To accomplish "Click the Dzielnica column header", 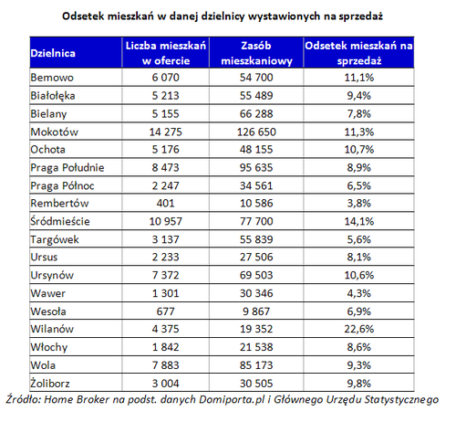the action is point(53,53).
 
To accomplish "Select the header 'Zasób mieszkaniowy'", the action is point(256,53).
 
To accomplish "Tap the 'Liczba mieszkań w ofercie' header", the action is point(166,53).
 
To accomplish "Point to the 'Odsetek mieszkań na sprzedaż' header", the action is point(358,53).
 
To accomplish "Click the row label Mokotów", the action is point(55,132).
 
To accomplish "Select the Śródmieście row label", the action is point(60,221).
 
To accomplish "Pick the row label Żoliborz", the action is point(50,383).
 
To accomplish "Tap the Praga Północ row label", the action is point(62,185).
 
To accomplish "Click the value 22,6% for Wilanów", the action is point(359,329).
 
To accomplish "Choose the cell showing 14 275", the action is point(166,132).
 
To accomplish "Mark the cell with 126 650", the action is point(256,132).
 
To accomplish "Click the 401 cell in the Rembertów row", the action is point(166,203).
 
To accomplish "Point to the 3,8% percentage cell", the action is point(359,203).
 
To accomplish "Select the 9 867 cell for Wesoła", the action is point(256,311).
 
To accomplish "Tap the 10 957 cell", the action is point(166,221).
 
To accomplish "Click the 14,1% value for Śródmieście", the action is point(359,221).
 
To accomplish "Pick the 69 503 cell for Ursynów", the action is point(256,275).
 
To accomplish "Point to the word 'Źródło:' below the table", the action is point(24,399).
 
